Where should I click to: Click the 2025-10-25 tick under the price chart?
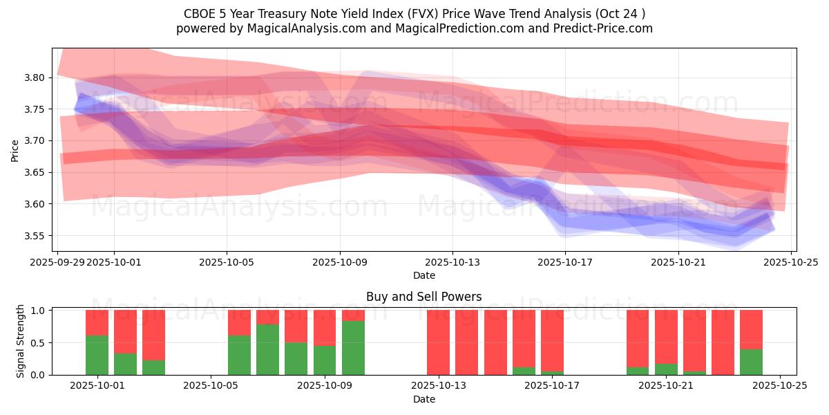[790, 262]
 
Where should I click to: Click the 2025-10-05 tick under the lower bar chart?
[211, 386]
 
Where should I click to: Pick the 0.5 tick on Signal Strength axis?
[37, 343]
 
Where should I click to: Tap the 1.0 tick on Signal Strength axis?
[37, 311]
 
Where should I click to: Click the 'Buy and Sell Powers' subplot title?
[423, 297]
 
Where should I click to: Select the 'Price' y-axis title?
[15, 150]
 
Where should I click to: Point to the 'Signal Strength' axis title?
[21, 341]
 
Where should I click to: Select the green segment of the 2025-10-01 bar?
[97, 355]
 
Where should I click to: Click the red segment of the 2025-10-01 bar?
[97, 322]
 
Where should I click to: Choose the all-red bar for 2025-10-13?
[438, 342]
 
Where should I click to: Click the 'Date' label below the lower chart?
[423, 399]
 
